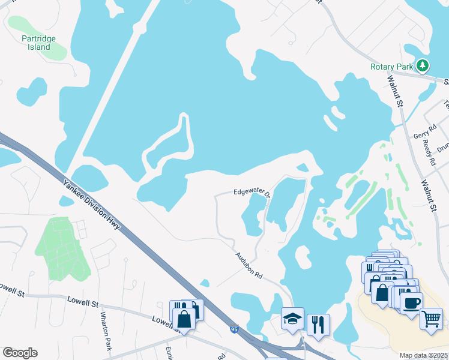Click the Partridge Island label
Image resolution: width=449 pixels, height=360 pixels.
click(38, 43)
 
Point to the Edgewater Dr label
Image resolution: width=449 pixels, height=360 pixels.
click(252, 193)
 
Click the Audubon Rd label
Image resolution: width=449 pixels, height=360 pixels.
click(248, 265)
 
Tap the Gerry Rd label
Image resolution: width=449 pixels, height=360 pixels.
click(423, 136)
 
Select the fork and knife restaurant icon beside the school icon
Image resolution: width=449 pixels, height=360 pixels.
click(318, 325)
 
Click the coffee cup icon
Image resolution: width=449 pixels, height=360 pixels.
click(411, 302)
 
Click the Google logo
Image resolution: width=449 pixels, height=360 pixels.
click(20, 353)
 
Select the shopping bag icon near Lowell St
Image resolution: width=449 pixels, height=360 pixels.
click(185, 318)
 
